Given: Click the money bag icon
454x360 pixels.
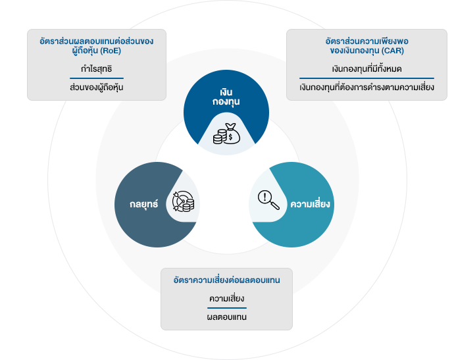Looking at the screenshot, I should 226,134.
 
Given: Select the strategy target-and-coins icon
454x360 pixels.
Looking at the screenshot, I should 183,202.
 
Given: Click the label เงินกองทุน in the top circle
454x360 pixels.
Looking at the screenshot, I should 226,96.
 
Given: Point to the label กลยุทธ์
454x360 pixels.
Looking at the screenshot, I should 144,205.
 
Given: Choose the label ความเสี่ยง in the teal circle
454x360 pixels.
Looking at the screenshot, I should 310,204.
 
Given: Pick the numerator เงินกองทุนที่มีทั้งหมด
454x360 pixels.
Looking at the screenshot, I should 367,68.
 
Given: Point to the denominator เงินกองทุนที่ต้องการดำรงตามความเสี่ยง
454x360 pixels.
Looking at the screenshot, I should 366,87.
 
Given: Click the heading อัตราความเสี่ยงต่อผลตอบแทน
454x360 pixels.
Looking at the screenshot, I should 226,280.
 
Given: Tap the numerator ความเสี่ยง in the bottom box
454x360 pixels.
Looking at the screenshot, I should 227,299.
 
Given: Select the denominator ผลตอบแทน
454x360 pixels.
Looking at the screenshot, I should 227,318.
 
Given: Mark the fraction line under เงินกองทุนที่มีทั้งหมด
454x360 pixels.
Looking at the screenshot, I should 366,78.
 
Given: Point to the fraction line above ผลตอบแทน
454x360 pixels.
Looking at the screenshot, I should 227,308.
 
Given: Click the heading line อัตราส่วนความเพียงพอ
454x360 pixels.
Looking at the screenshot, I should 367,40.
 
